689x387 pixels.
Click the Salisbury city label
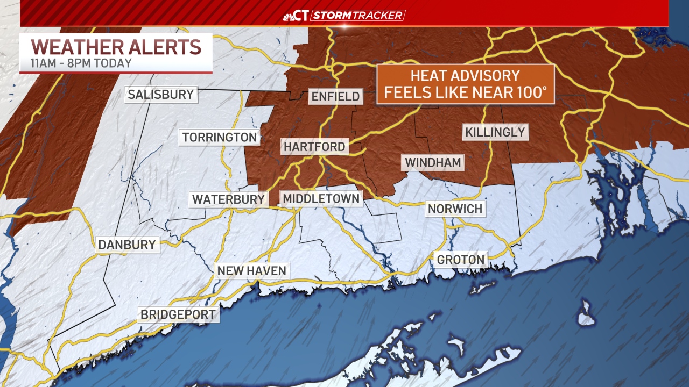pyautogui.click(x=160, y=95)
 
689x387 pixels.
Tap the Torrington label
pyautogui.click(x=220, y=137)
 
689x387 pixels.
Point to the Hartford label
pyautogui.click(x=314, y=147)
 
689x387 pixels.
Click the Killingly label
pyautogui.click(x=495, y=132)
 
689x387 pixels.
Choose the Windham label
pyautogui.click(x=434, y=162)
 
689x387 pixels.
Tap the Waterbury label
pyautogui.click(x=229, y=199)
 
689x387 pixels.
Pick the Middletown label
pyautogui.click(x=321, y=198)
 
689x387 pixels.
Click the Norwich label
pyautogui.click(x=455, y=209)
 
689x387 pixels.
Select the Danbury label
pyautogui.click(x=127, y=245)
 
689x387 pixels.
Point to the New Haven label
pyautogui.click(x=251, y=270)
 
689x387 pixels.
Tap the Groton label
pyautogui.click(x=461, y=260)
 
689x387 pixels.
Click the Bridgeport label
pyautogui.click(x=178, y=314)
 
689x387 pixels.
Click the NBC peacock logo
pyautogui.click(x=289, y=16)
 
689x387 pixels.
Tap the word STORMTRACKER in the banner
pyautogui.click(x=357, y=15)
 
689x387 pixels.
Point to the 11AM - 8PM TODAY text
pyautogui.click(x=81, y=63)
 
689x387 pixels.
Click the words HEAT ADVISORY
pyautogui.click(x=466, y=76)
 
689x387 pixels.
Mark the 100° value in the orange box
pyautogui.click(x=530, y=92)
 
